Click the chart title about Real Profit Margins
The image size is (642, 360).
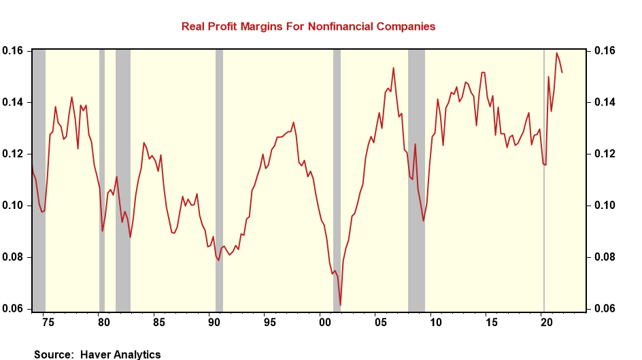click(x=307, y=27)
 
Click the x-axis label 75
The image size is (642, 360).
click(x=48, y=321)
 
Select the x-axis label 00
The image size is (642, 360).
click(x=323, y=321)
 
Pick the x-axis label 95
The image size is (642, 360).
click(x=269, y=321)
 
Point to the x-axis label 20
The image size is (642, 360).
click(x=544, y=321)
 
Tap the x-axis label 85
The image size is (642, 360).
click(x=157, y=321)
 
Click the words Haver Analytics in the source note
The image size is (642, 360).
click(x=121, y=354)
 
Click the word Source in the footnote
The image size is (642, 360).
click(x=54, y=354)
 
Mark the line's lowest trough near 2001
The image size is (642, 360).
click(x=340, y=304)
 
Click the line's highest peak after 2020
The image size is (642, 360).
click(x=557, y=53)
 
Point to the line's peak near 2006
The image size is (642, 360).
click(x=393, y=67)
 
